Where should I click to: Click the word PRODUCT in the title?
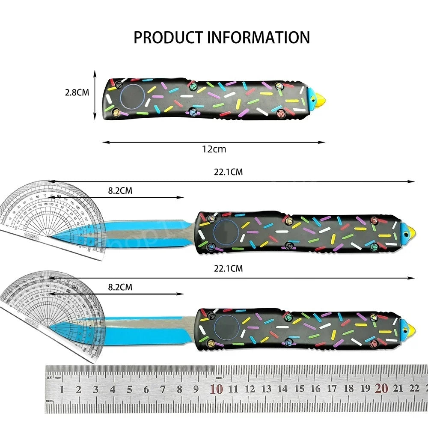point(169,37)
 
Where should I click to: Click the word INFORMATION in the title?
point(258,37)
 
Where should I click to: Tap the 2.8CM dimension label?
point(77,92)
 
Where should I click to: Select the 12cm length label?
point(214,149)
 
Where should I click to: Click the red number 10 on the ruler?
point(216,389)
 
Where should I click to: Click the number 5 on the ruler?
point(129,389)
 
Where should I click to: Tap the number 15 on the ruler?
point(299,389)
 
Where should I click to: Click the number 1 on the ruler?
point(62,389)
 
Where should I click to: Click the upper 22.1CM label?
point(229,172)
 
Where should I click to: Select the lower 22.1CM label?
point(229,268)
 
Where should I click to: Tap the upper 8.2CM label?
point(120,191)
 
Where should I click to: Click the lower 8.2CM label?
point(120,287)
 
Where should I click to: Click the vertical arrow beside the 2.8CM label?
point(95,95)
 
